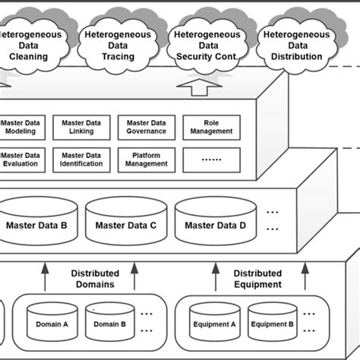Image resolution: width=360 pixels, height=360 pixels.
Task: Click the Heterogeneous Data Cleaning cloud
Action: [x=34, y=44]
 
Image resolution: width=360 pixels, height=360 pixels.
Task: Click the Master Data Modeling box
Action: [x=24, y=126]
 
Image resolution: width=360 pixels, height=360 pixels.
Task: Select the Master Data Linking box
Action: [x=81, y=126]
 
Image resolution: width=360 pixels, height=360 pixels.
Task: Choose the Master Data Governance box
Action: [x=146, y=126]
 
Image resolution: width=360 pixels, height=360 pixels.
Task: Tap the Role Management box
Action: [x=210, y=126]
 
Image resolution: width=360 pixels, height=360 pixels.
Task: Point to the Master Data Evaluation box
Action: [x=24, y=159]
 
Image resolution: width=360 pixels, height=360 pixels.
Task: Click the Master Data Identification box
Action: [x=81, y=159]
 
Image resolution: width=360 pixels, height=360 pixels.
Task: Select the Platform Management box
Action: [x=146, y=159]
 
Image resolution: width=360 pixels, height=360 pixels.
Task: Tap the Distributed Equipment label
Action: [x=257, y=279]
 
